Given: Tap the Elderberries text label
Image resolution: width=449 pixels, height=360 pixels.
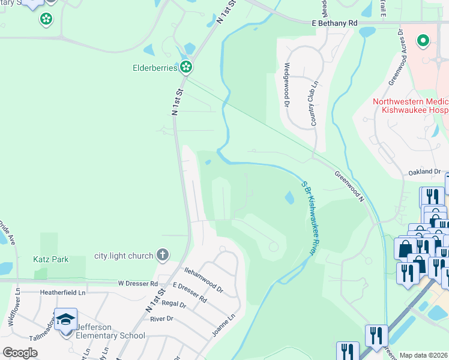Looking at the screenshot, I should click(155, 68).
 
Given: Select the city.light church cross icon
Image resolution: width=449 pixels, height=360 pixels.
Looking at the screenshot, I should click(161, 255).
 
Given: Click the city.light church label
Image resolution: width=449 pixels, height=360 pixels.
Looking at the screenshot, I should click(124, 256).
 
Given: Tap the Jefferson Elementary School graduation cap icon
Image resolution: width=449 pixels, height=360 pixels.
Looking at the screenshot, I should click(66, 319).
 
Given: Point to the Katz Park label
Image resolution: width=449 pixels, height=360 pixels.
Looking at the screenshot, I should click(51, 260).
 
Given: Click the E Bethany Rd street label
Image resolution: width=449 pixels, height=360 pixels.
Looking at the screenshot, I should click(334, 23).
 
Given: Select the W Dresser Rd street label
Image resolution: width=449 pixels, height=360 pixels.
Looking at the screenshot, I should click(137, 283).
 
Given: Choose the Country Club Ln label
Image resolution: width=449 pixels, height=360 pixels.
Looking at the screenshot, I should click(313, 103).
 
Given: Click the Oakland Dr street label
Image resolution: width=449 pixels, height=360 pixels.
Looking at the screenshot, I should click(424, 172).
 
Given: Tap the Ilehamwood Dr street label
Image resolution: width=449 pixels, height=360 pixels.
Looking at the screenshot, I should click(203, 280).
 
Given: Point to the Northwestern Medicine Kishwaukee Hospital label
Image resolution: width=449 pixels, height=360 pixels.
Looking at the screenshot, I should click(411, 106).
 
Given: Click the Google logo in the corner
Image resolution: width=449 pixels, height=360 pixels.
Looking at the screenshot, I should click(20, 352).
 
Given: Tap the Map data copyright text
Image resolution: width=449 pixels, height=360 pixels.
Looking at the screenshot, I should click(424, 355).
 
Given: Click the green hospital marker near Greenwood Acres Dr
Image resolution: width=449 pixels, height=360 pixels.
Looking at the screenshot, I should click(423, 41).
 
